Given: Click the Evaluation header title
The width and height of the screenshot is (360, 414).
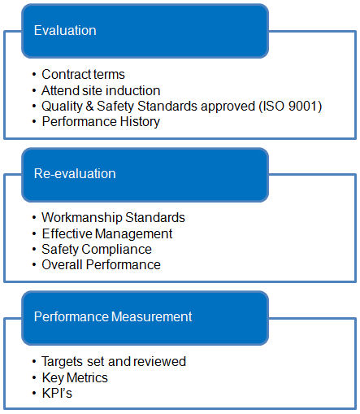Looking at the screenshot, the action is (x=65, y=30).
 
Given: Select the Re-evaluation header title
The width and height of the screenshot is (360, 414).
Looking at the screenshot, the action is (x=75, y=173).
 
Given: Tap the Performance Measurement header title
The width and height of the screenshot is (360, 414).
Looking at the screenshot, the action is (x=113, y=316).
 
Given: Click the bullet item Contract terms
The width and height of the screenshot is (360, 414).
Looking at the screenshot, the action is (x=83, y=74).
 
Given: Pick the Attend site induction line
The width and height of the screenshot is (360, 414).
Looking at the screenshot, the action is (x=101, y=90).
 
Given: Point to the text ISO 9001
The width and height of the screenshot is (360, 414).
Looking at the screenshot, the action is (x=290, y=106).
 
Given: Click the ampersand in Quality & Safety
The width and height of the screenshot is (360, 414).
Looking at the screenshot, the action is (x=89, y=106).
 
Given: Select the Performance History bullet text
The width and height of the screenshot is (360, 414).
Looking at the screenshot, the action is (x=101, y=122).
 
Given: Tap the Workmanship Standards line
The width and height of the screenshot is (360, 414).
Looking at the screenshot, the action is (x=113, y=217).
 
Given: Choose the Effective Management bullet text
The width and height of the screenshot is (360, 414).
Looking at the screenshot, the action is (x=107, y=233).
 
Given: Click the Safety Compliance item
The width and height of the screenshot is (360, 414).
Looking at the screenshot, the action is (x=97, y=250).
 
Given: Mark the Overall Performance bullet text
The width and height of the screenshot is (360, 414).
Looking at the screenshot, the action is (x=101, y=264).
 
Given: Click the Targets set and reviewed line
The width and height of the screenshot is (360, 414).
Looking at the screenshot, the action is (x=114, y=361).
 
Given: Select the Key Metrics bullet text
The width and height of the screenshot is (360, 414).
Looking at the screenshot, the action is (x=75, y=377).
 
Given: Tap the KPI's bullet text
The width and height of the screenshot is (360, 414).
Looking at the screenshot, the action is (x=57, y=393).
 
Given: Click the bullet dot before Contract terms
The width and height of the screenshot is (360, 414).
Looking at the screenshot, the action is (x=34, y=74).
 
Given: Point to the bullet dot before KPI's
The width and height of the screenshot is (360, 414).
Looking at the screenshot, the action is (x=34, y=393).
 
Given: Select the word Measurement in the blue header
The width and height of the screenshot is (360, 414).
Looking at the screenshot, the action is (x=151, y=316).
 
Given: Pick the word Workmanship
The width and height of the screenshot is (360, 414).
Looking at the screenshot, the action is (x=82, y=217).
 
